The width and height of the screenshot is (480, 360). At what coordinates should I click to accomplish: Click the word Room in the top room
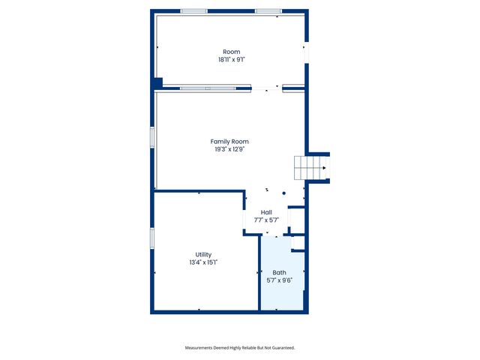pyautogui.click(x=231, y=52)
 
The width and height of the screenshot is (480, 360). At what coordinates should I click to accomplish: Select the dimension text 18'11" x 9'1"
pyautogui.click(x=231, y=59)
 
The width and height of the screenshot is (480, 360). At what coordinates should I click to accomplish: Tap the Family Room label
pyautogui.click(x=229, y=141)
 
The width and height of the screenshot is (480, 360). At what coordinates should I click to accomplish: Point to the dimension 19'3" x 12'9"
pyautogui.click(x=229, y=149)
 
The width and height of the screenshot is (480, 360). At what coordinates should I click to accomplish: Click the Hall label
pyautogui.click(x=266, y=212)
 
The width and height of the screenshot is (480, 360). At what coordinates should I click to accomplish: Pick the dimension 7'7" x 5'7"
pyautogui.click(x=266, y=220)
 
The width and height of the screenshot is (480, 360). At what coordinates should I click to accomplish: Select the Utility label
pyautogui.click(x=203, y=255)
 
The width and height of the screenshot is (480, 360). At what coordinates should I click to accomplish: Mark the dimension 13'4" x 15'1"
pyautogui.click(x=203, y=262)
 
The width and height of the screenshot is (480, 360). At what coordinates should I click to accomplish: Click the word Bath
pyautogui.click(x=279, y=272)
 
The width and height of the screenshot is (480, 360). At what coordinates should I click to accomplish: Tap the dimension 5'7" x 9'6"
pyautogui.click(x=279, y=280)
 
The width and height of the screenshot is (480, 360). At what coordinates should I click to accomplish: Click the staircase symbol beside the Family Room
pyautogui.click(x=310, y=168)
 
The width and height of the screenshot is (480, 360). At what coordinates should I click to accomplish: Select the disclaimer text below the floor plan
pyautogui.click(x=240, y=348)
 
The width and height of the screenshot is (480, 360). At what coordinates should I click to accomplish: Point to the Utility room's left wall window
pyautogui.click(x=152, y=238)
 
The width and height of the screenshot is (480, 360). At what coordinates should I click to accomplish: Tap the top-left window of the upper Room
pyautogui.click(x=193, y=11)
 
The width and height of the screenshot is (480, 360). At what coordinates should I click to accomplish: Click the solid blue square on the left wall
pyautogui.click(x=157, y=83)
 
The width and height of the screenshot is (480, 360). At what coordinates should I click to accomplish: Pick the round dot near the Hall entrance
pyautogui.click(x=283, y=193)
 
